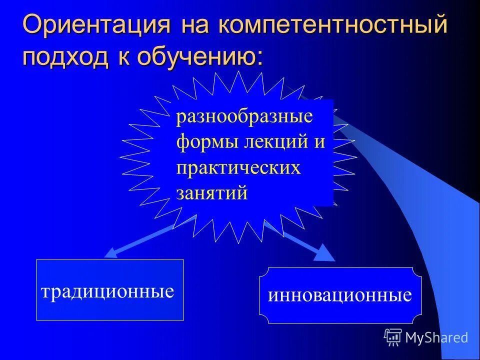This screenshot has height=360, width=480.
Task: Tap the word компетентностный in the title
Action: pyautogui.click(x=332, y=25)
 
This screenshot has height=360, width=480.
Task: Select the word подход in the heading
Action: pyautogui.click(x=64, y=56)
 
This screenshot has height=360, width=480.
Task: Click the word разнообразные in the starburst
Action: pyautogui.click(x=244, y=117)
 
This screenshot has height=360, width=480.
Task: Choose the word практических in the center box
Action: pyautogui.click(x=238, y=167)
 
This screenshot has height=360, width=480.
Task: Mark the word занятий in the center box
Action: pyautogui.click(x=212, y=192)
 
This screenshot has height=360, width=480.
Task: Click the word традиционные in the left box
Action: pyautogui.click(x=107, y=291)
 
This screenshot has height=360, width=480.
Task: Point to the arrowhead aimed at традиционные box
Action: pyautogui.click(x=111, y=253)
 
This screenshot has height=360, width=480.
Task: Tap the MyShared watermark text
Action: pyautogui.click(x=437, y=337)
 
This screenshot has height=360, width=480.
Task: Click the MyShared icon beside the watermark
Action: pyautogui.click(x=393, y=337)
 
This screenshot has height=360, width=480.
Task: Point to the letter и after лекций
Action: pyautogui.click(x=320, y=142)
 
